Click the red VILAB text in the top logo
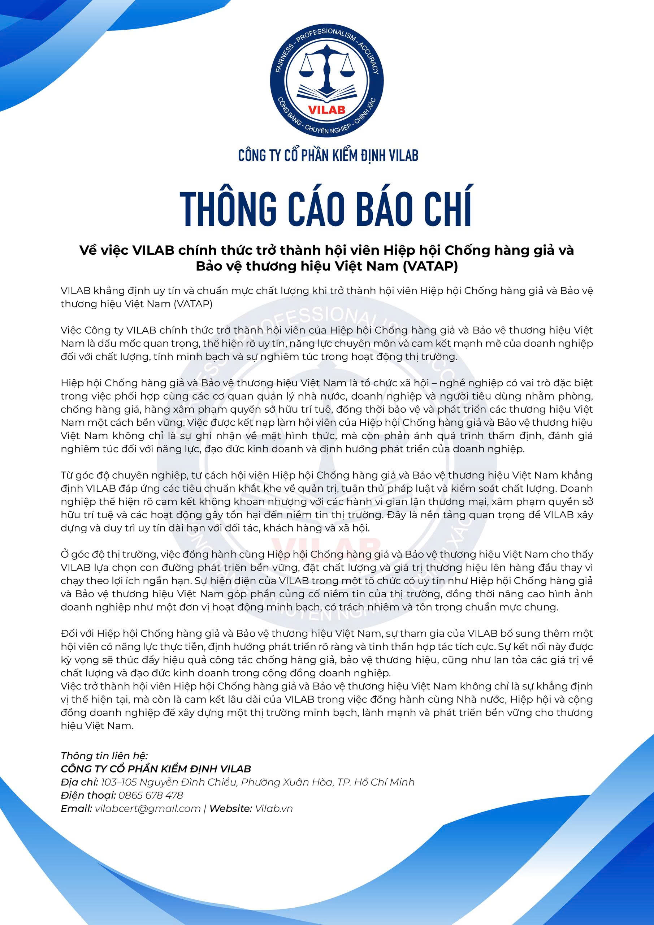tap(326, 109)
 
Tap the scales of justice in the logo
tap(326, 64)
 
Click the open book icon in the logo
tap(326, 93)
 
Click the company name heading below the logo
tap(328, 155)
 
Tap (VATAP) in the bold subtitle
tap(430, 267)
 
